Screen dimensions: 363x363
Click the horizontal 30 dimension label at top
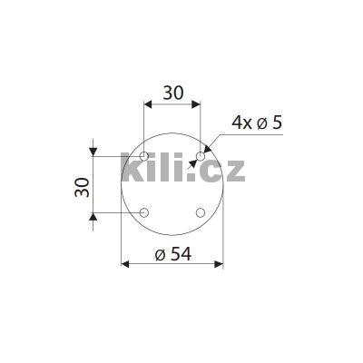click(172, 93)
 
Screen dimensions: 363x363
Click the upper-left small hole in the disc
click(143, 156)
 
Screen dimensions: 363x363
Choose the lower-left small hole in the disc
click(143, 212)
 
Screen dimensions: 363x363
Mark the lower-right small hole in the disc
click(200, 212)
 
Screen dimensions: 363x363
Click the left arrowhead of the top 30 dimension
click(148, 104)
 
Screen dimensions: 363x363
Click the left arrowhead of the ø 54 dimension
click(126, 264)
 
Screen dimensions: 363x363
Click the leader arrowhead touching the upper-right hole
click(205, 150)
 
